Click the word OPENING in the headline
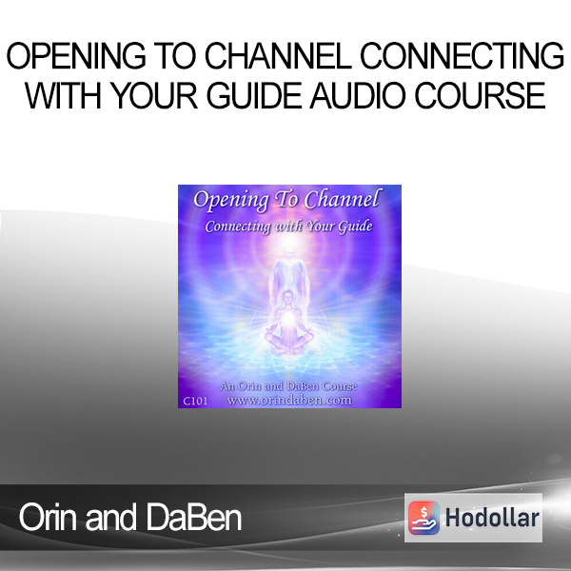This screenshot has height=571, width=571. point(76,56)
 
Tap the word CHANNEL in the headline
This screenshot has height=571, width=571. point(278,56)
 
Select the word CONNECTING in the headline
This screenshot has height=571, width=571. point(463,56)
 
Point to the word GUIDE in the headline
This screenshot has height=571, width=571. point(254,95)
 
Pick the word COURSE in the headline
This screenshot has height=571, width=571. point(480,95)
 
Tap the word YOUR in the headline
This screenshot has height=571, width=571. point(154,95)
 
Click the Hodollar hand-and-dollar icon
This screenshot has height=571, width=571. point(423,518)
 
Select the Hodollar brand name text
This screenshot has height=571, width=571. point(492,518)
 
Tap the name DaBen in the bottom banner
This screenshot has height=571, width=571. point(194,517)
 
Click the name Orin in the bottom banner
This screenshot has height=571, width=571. point(48,517)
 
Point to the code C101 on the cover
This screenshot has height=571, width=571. point(195,401)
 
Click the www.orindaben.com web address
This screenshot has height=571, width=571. point(289,401)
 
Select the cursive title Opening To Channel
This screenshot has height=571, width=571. point(286,200)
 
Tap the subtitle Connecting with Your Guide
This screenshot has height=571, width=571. point(288,226)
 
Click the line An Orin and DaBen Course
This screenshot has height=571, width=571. point(288,386)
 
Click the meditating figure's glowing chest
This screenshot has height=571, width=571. point(288,318)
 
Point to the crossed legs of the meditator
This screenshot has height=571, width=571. point(288,341)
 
